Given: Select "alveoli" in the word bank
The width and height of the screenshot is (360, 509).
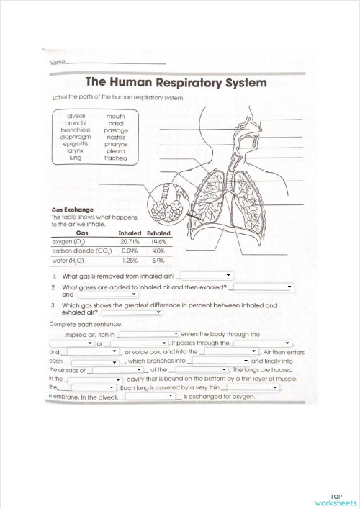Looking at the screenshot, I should tap(76, 115).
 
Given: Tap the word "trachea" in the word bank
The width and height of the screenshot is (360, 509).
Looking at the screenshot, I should tap(115, 158).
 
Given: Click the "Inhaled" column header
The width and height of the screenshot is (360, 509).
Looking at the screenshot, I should tap(130, 233).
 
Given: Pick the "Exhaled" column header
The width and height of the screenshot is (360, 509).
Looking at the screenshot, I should tap(158, 233).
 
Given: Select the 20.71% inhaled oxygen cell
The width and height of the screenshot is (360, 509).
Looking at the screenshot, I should tap(130, 243).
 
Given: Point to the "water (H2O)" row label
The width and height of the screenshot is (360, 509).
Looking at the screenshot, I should tap(67, 261).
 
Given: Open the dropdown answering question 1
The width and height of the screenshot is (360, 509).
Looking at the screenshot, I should tap(207, 275).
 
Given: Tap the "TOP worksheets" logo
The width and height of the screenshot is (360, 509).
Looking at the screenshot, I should tap(336, 500).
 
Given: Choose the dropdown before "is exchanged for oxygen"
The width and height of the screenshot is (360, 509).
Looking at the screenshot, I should tap(150, 395).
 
